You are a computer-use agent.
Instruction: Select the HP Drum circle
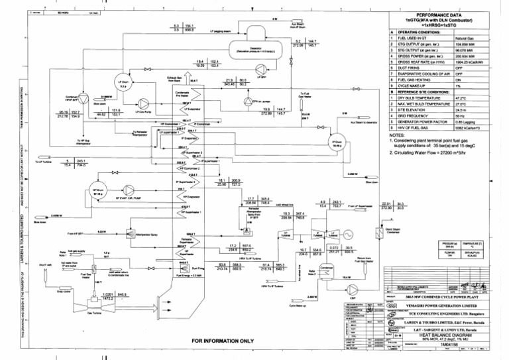coord(99,192)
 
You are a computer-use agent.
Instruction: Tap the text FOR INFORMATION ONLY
coord(223,341)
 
